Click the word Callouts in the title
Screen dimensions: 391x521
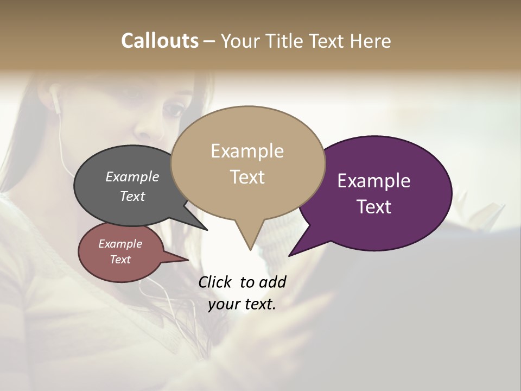[160, 41]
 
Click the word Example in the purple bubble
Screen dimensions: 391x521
[374, 181]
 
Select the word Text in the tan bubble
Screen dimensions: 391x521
[247, 177]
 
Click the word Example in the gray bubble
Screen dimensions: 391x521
[132, 176]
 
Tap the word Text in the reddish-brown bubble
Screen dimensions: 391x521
[120, 260]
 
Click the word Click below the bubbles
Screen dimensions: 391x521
[215, 282]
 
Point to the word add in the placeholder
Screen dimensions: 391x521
[272, 282]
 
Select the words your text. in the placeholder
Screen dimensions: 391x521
[242, 305]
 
